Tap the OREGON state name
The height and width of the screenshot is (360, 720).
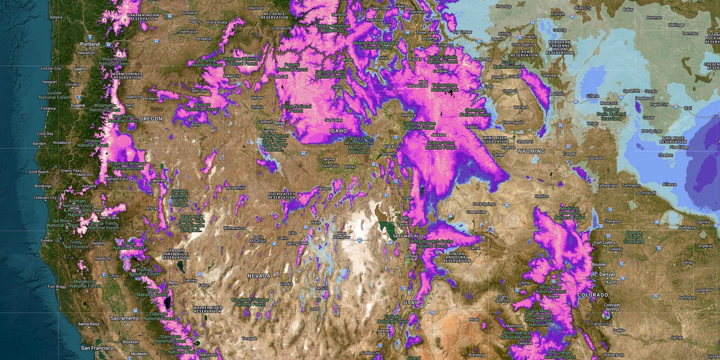point(151,119)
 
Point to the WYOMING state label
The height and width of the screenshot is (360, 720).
point(530,151)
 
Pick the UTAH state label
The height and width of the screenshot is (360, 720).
point(410,302)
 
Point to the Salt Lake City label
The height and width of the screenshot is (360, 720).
point(405,236)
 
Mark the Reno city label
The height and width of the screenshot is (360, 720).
point(175,282)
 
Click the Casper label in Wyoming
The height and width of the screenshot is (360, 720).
point(570,154)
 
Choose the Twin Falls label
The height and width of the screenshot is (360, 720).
point(330,166)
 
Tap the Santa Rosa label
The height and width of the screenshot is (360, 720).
point(92,324)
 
